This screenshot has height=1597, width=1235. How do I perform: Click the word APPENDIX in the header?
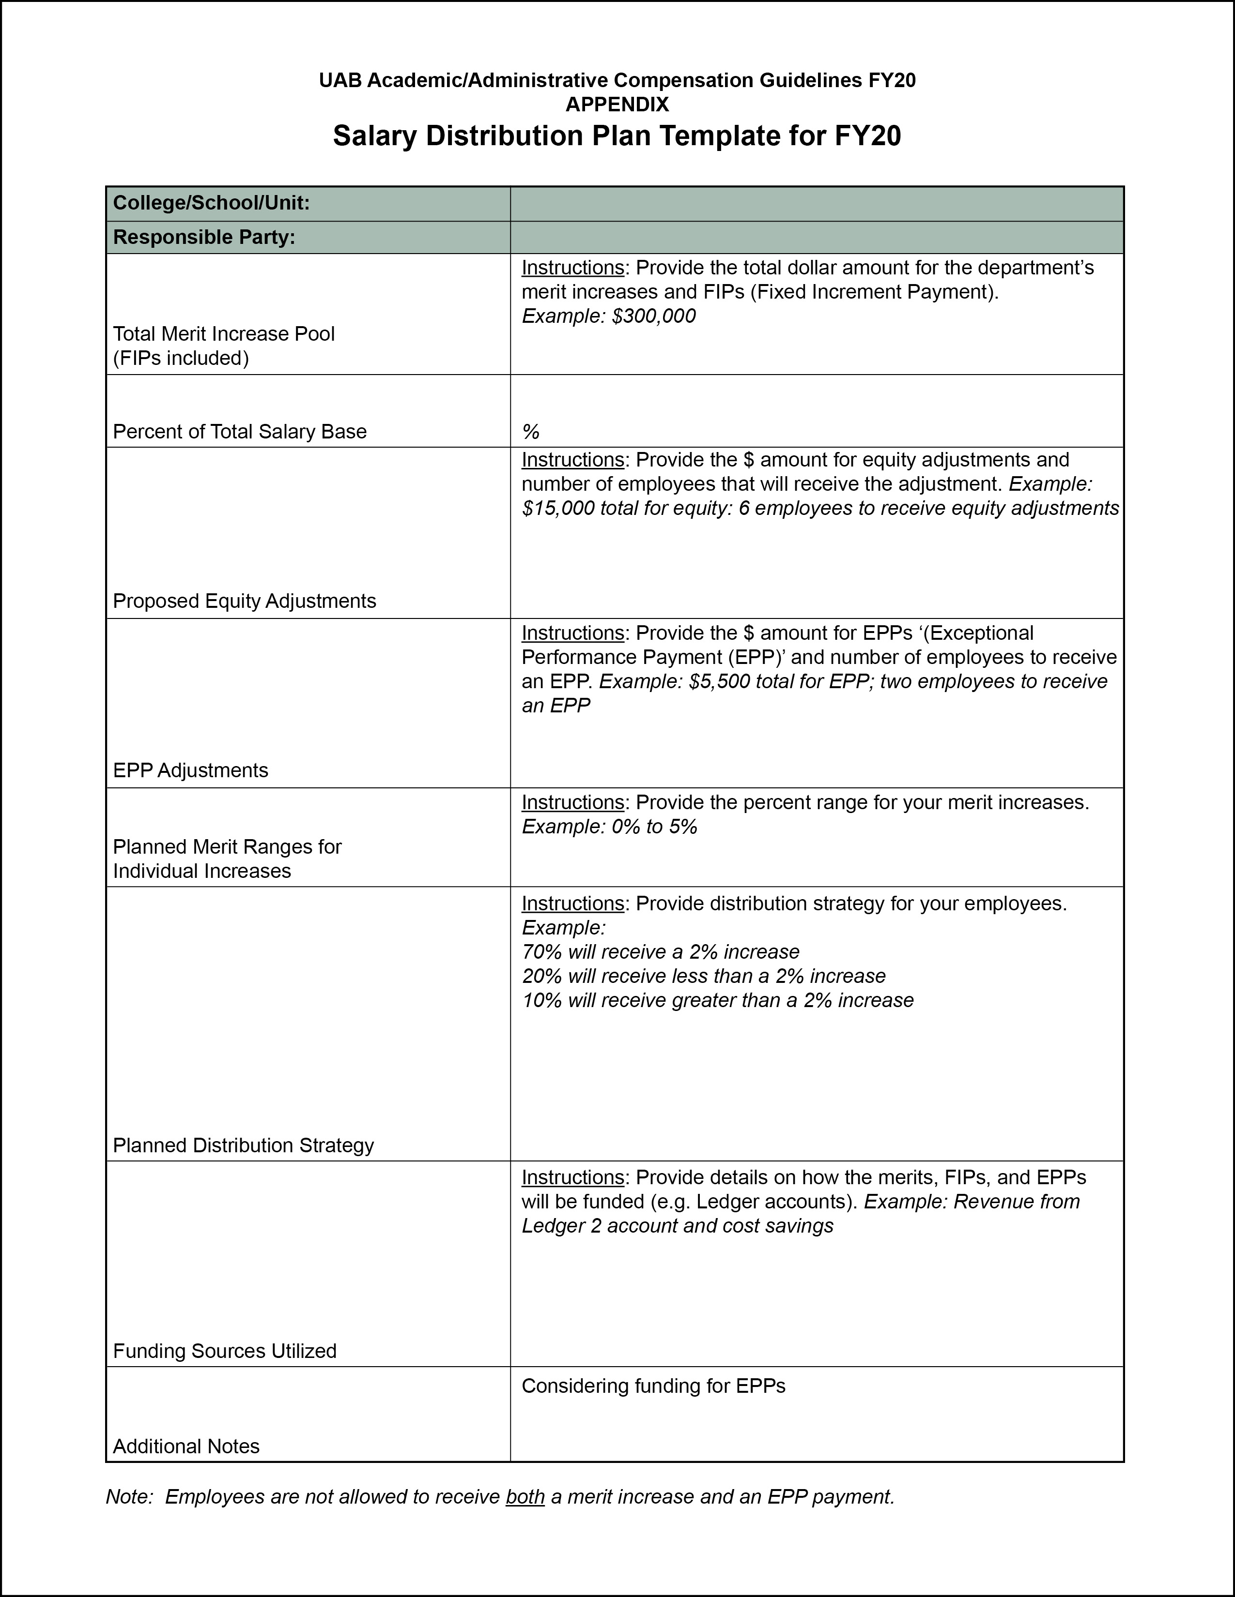[x=617, y=105]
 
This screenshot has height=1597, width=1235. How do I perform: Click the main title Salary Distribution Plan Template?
[x=617, y=137]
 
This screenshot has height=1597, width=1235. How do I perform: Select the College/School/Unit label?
[x=212, y=203]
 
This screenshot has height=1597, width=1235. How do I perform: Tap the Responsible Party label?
[x=204, y=238]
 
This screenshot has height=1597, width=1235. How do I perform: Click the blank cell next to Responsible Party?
[x=817, y=238]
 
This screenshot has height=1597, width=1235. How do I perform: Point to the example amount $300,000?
[x=654, y=316]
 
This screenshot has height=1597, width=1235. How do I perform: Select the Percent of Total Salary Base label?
[x=240, y=432]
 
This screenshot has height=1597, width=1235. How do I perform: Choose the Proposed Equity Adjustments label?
[x=245, y=601]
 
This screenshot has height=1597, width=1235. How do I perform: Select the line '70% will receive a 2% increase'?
[x=661, y=952]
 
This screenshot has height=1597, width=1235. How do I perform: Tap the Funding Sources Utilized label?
[x=225, y=1351]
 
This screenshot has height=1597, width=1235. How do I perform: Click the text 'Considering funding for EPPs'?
[x=653, y=1386]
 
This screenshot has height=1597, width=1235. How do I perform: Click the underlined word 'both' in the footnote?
[x=525, y=1497]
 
